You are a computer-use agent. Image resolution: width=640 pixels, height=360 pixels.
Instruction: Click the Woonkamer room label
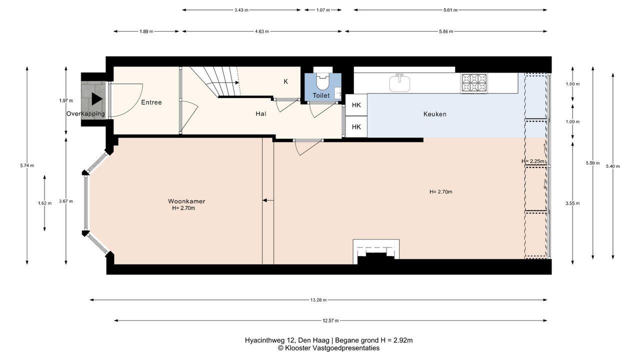(186, 201)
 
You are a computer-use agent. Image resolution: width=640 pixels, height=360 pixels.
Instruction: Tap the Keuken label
(434, 114)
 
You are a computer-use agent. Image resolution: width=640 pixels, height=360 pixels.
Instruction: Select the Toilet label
(321, 95)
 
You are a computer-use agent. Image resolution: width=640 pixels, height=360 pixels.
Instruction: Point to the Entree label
(151, 102)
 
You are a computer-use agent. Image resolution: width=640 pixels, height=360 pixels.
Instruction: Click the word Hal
(261, 113)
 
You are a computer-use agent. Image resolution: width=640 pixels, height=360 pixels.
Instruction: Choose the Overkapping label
(85, 113)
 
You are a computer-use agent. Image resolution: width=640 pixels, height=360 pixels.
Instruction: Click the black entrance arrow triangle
(97, 99)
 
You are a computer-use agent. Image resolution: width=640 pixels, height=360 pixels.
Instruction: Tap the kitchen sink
(399, 82)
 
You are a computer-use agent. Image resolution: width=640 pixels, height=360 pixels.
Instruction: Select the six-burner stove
(474, 83)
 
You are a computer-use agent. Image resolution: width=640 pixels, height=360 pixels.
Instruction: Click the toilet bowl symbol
(323, 81)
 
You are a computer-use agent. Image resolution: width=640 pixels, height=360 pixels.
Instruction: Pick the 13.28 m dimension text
(318, 300)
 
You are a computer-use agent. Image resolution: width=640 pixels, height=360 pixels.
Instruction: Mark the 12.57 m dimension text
(330, 320)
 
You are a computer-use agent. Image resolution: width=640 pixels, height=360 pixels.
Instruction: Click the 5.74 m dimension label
(27, 165)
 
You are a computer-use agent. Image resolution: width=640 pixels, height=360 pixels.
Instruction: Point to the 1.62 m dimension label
(45, 203)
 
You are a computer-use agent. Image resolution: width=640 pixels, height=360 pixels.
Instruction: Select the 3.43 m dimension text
(241, 10)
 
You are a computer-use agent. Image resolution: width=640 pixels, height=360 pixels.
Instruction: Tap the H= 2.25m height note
(533, 161)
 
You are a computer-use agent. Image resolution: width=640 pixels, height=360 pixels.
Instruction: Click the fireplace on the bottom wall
(376, 251)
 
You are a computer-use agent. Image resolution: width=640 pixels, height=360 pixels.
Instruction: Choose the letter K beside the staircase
(285, 81)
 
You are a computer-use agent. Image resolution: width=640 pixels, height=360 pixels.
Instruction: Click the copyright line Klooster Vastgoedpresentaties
(328, 348)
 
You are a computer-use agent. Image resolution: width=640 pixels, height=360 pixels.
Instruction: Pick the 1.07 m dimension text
(323, 10)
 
